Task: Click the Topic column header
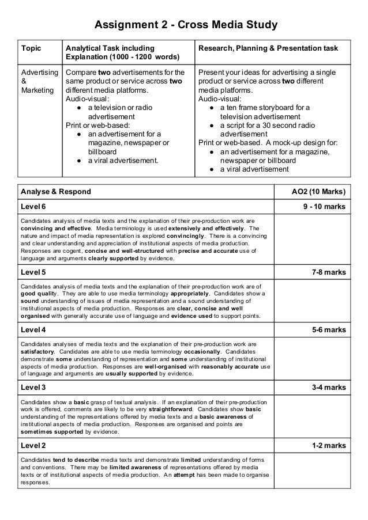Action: (x=31, y=48)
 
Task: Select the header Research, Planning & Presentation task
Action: (x=268, y=48)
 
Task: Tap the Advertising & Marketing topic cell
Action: (x=40, y=83)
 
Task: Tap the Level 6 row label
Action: (x=33, y=206)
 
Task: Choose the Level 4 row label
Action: (x=33, y=329)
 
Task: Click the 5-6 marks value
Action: (x=328, y=329)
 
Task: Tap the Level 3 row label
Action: (x=33, y=389)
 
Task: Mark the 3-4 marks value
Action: (x=328, y=389)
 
